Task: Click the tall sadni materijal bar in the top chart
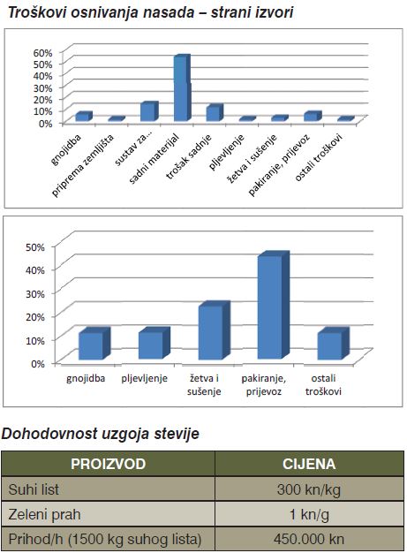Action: click(x=183, y=87)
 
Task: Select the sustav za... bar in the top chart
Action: click(x=149, y=111)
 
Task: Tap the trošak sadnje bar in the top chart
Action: click(x=215, y=113)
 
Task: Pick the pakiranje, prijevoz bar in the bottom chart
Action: click(x=274, y=305)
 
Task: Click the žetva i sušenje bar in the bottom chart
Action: click(x=214, y=330)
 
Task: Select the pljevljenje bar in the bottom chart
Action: click(x=154, y=343)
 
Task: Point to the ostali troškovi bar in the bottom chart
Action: click(x=333, y=344)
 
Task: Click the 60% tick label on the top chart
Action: click(x=42, y=53)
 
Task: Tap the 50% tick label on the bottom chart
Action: click(x=35, y=246)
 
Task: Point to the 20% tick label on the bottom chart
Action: click(x=35, y=317)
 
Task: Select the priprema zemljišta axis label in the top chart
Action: click(x=84, y=166)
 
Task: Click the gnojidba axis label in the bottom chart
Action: click(x=86, y=378)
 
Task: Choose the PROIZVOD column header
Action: click(x=109, y=464)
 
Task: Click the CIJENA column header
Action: click(x=309, y=464)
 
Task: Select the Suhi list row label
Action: click(x=34, y=489)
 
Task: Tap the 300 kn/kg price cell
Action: click(x=309, y=490)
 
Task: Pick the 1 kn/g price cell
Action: click(x=309, y=515)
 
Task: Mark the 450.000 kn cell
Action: click(x=309, y=539)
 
